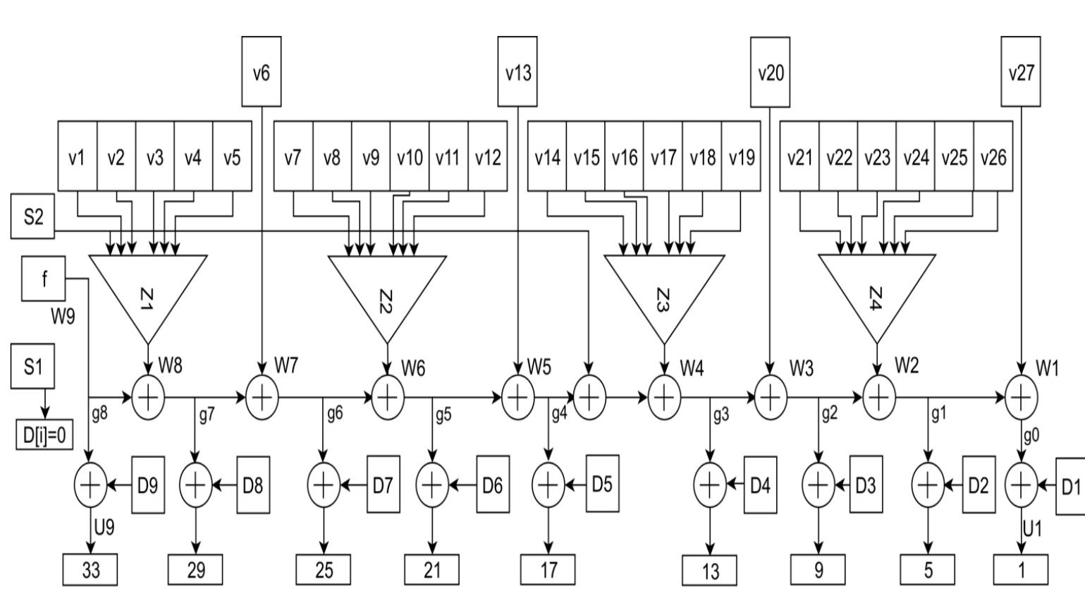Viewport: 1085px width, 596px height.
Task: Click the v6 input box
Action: coord(262,71)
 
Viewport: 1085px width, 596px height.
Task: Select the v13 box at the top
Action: coord(517,71)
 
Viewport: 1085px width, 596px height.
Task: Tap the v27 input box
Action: coord(1021,71)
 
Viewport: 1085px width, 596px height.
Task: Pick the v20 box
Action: coord(770,72)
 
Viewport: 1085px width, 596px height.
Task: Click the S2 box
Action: coord(33,216)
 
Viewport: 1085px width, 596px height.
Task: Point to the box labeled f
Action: coord(44,279)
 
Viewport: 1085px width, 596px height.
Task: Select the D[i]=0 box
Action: coord(44,434)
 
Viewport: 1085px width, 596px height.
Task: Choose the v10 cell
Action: coord(410,156)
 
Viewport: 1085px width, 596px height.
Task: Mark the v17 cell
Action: coord(663,156)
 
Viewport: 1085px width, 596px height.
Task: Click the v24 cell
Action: coord(916,156)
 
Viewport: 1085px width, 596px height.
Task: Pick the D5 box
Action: coord(603,484)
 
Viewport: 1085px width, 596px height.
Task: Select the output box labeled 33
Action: coord(90,570)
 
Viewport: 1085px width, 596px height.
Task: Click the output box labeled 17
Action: coord(548,570)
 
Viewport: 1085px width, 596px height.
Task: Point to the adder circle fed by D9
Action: coord(90,485)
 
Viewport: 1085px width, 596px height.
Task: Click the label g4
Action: coord(560,414)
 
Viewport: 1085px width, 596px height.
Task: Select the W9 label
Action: coord(63,317)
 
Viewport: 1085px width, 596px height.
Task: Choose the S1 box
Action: coord(33,366)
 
